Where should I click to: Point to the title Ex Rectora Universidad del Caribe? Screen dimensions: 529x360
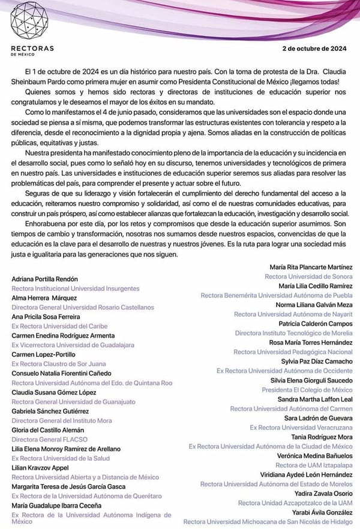(x=58, y=326)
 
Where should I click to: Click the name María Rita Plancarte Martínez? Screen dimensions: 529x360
(x=311, y=267)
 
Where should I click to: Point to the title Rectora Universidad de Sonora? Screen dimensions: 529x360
(x=308, y=276)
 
